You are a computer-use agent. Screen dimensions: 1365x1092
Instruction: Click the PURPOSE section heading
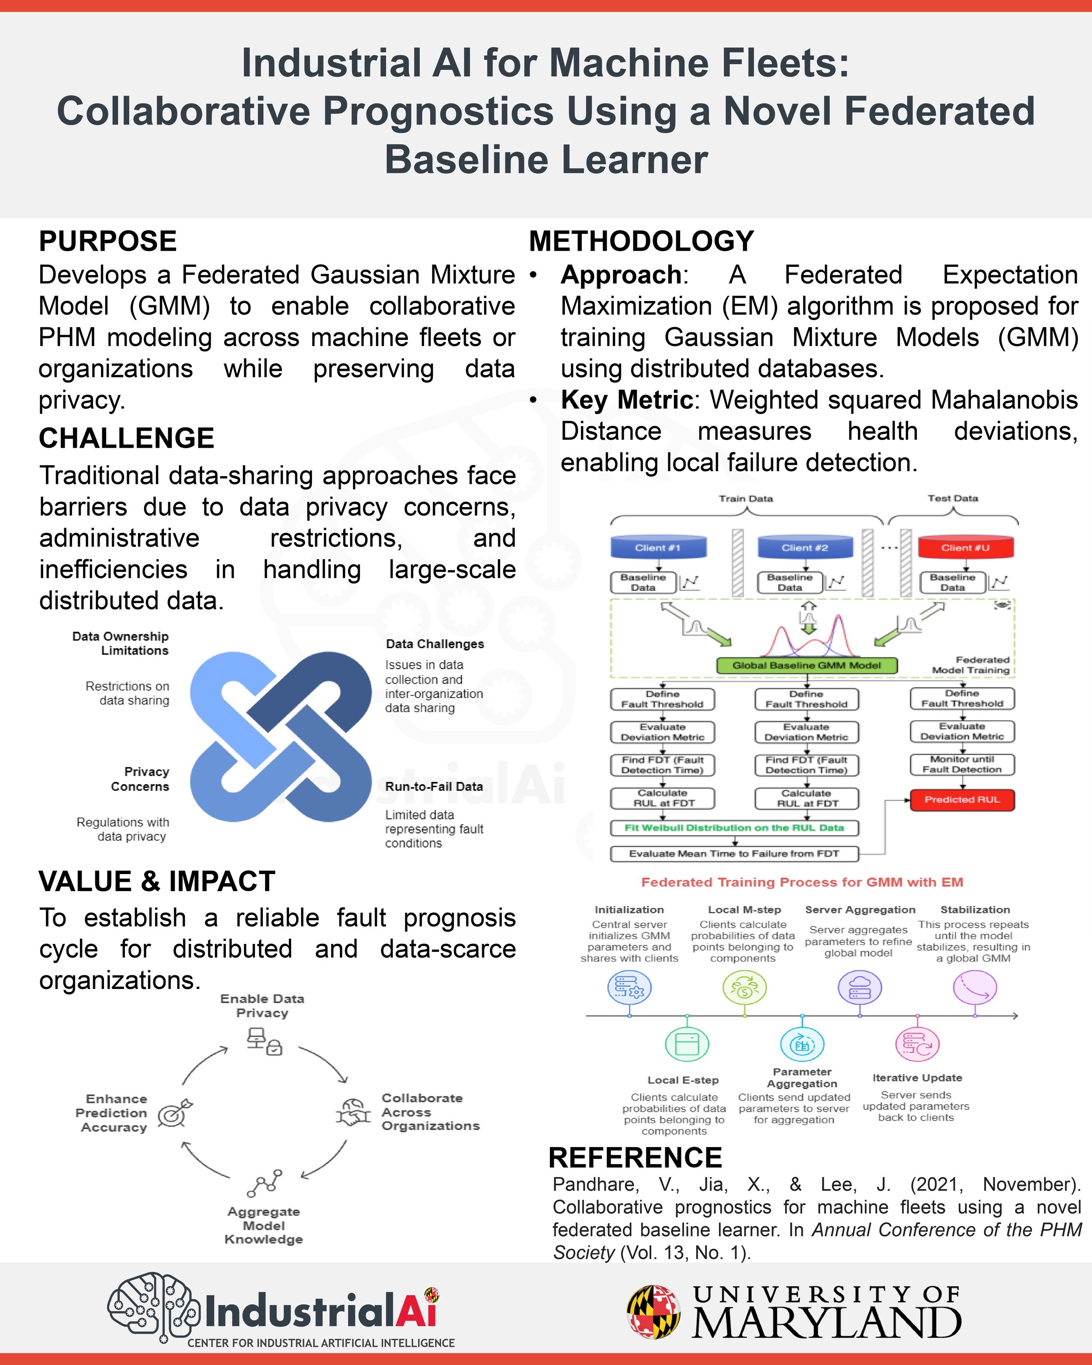(x=107, y=241)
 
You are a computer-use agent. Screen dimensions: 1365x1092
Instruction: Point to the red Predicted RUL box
(x=961, y=800)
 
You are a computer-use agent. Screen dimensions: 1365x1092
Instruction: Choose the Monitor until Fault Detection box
(x=961, y=764)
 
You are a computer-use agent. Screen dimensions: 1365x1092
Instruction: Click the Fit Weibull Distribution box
(x=734, y=827)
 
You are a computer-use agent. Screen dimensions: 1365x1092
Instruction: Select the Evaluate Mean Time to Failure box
(x=734, y=854)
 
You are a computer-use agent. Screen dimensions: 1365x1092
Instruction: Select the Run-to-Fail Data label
(x=434, y=786)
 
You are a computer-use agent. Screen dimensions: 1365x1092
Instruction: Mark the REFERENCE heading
(x=635, y=1158)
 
